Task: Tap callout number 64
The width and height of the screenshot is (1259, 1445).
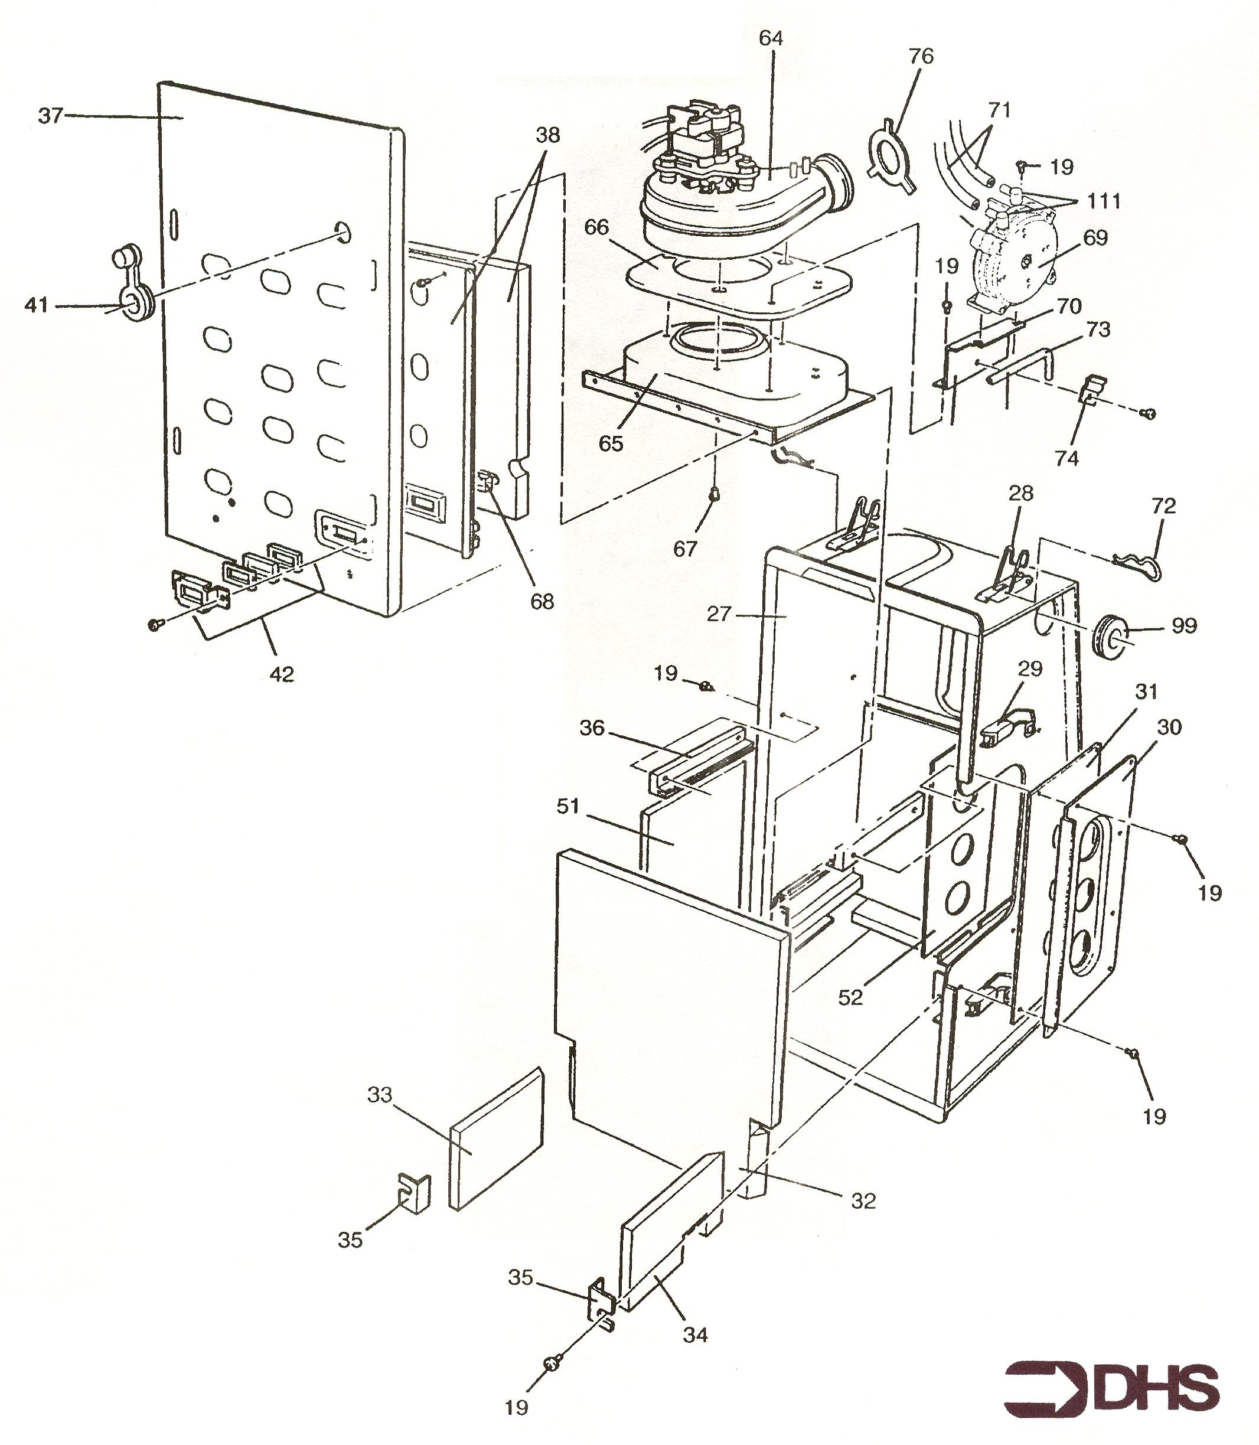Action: pyautogui.click(x=771, y=38)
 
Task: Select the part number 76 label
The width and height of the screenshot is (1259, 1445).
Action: pyautogui.click(x=921, y=56)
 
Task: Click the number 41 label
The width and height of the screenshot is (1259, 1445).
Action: pyautogui.click(x=37, y=305)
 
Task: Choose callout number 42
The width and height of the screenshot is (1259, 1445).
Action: pyautogui.click(x=281, y=674)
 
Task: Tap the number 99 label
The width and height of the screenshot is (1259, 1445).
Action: pyautogui.click(x=1184, y=625)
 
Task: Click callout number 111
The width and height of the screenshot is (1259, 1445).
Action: pyautogui.click(x=1104, y=201)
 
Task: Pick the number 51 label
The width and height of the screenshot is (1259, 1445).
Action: pyautogui.click(x=567, y=807)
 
